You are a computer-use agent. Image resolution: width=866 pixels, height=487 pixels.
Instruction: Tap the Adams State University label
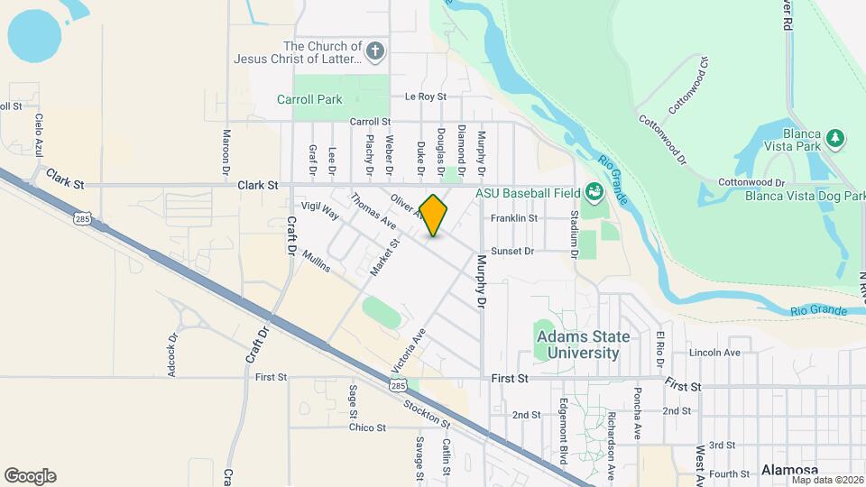click(584, 345)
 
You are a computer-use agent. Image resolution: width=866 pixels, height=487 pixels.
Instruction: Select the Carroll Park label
click(309, 99)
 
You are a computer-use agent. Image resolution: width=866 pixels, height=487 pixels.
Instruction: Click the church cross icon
click(376, 52)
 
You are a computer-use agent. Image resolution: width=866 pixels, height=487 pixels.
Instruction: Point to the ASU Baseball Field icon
click(594, 191)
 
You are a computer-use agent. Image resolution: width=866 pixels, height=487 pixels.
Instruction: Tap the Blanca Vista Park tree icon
click(837, 138)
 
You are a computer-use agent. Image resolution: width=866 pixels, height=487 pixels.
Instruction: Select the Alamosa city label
click(788, 470)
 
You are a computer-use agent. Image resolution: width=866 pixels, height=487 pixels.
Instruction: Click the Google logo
click(30, 475)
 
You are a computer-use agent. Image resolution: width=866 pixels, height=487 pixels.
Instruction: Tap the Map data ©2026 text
click(826, 480)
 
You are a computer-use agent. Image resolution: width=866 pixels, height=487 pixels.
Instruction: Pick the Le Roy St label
click(426, 96)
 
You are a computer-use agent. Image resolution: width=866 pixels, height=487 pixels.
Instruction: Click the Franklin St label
click(514, 218)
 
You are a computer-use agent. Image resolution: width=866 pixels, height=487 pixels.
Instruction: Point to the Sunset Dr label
click(513, 252)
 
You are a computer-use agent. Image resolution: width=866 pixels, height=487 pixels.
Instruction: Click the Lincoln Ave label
click(714, 353)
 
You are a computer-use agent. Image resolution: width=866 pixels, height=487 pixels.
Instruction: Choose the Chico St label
click(367, 427)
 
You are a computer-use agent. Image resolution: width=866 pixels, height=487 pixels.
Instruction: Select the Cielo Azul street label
click(39, 134)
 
